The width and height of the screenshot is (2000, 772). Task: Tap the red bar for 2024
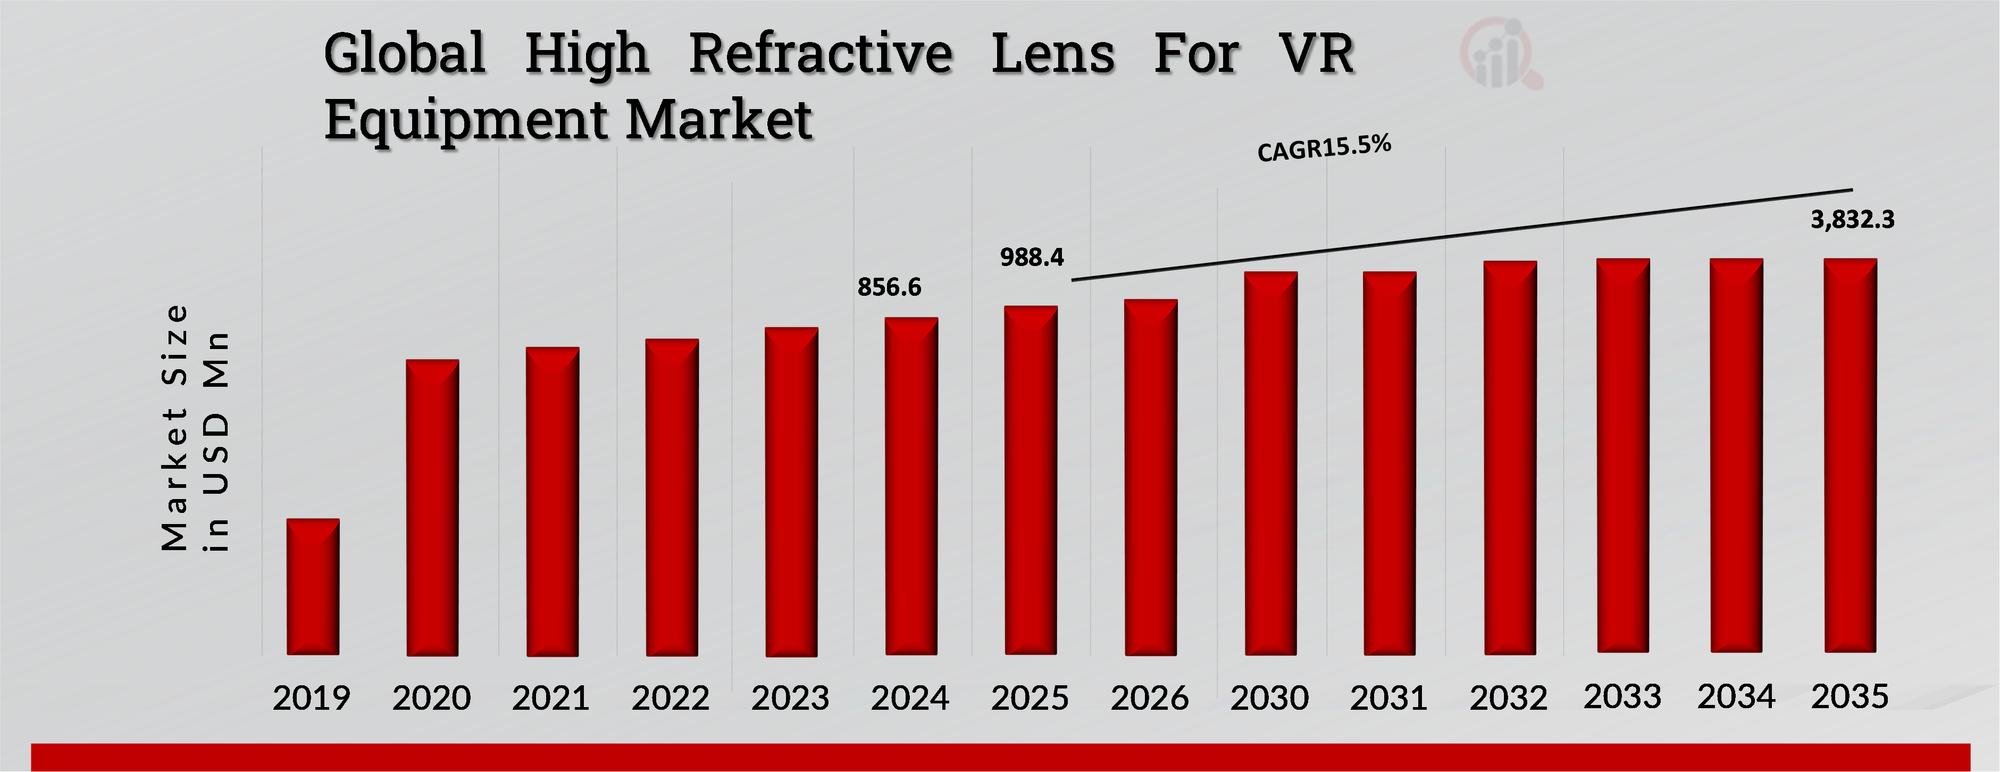pos(911,486)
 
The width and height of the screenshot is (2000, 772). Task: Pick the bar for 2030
pos(1270,463)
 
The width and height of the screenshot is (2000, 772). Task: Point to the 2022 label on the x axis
pos(670,698)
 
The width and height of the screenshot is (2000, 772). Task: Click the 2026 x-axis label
pos(1149,698)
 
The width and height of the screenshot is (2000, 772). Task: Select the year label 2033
pos(1622,696)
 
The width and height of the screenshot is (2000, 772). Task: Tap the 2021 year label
pos(550,698)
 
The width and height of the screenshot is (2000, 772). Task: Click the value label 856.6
pos(889,287)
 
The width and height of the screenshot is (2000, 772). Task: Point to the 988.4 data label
pos(1032,257)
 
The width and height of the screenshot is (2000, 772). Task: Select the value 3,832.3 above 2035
pos(1853,220)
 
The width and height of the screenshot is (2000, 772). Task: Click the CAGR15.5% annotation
pos(1324,147)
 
